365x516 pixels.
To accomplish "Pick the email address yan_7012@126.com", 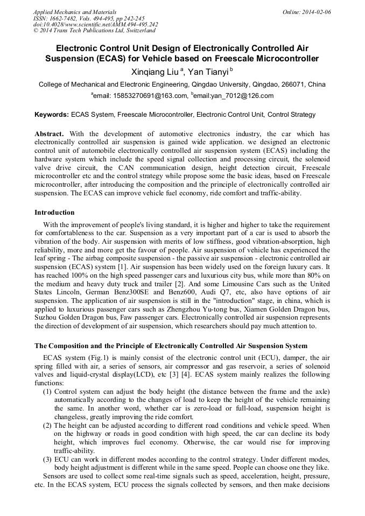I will coord(239,96).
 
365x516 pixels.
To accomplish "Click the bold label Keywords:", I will coord(52,115).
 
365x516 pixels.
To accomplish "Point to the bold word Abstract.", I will coord(49,133).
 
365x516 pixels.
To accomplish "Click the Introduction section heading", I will coord(54,213).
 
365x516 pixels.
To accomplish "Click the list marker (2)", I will coord(47,425).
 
